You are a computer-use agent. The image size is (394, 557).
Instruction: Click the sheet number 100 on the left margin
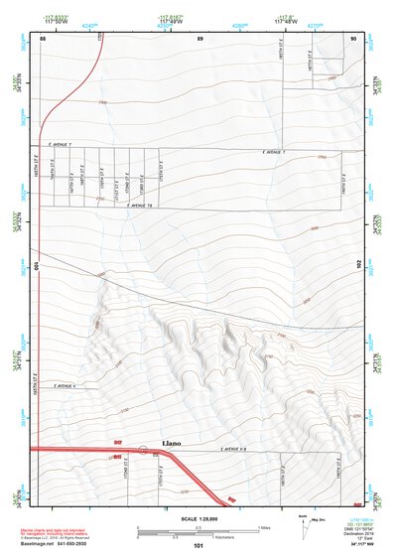[37, 266]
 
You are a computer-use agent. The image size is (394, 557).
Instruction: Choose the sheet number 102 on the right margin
[359, 266]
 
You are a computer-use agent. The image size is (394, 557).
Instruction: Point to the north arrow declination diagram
[303, 524]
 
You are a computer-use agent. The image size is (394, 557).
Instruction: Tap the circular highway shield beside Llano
[144, 450]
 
